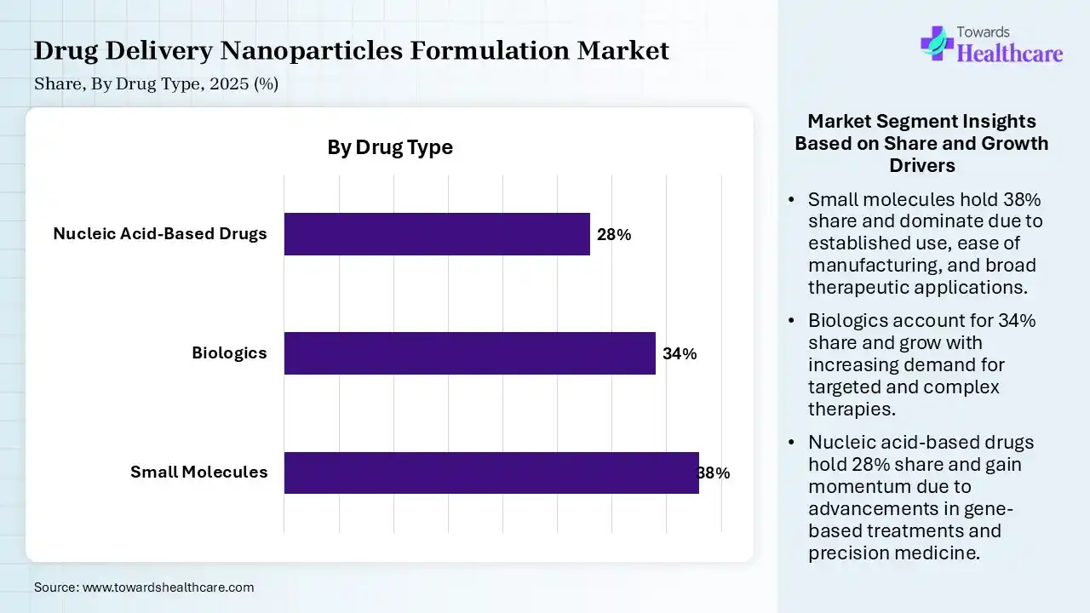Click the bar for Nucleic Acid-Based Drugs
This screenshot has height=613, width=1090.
[437, 234]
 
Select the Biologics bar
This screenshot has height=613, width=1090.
[469, 353]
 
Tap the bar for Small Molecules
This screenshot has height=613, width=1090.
[491, 473]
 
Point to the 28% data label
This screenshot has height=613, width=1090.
[614, 235]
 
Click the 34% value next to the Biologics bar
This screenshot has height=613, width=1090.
[680, 354]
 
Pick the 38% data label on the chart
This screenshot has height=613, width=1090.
[714, 473]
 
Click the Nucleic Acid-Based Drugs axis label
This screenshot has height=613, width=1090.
[160, 234]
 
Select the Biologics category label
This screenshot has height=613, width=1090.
[229, 353]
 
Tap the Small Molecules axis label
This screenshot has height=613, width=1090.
[198, 473]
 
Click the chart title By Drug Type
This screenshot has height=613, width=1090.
[390, 147]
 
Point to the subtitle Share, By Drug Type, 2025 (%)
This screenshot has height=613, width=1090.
[156, 84]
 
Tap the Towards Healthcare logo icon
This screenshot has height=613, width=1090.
[937, 43]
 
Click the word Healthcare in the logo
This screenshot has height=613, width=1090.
[1010, 54]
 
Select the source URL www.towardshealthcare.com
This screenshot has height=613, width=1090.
[168, 587]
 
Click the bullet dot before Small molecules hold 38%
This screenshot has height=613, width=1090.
[792, 200]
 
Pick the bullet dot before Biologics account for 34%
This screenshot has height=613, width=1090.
[792, 322]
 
